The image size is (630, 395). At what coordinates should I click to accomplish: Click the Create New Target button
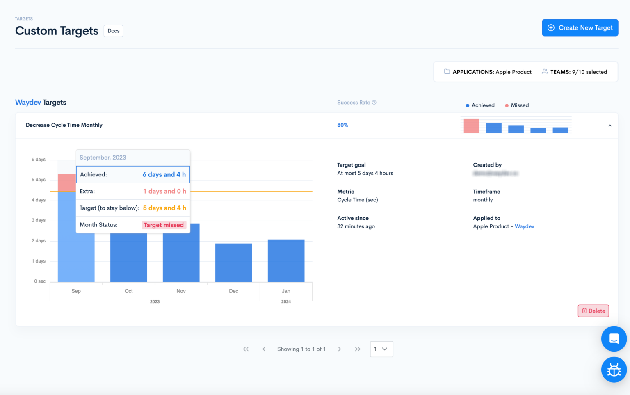pyautogui.click(x=580, y=28)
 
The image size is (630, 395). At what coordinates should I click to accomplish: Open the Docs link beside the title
pyautogui.click(x=113, y=31)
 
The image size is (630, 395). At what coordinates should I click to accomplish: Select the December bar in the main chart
pyautogui.click(x=233, y=263)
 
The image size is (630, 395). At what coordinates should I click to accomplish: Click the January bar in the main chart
pyautogui.click(x=286, y=260)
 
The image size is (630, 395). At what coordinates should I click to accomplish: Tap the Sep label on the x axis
pyautogui.click(x=76, y=291)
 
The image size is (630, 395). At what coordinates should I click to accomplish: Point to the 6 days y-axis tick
pyautogui.click(x=39, y=160)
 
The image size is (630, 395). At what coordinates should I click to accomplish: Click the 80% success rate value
pyautogui.click(x=342, y=125)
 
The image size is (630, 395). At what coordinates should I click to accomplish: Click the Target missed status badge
pyautogui.click(x=164, y=225)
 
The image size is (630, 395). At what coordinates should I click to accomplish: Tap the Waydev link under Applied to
pyautogui.click(x=524, y=226)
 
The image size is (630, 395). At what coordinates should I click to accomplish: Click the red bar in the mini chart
pyautogui.click(x=471, y=126)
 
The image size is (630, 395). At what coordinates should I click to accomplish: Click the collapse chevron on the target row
pyautogui.click(x=609, y=126)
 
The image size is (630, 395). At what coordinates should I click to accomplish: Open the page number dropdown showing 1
pyautogui.click(x=381, y=349)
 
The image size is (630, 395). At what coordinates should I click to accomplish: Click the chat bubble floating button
pyautogui.click(x=614, y=339)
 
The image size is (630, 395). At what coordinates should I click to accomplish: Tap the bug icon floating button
pyautogui.click(x=614, y=370)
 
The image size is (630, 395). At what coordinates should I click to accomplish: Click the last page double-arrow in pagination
pyautogui.click(x=357, y=349)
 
